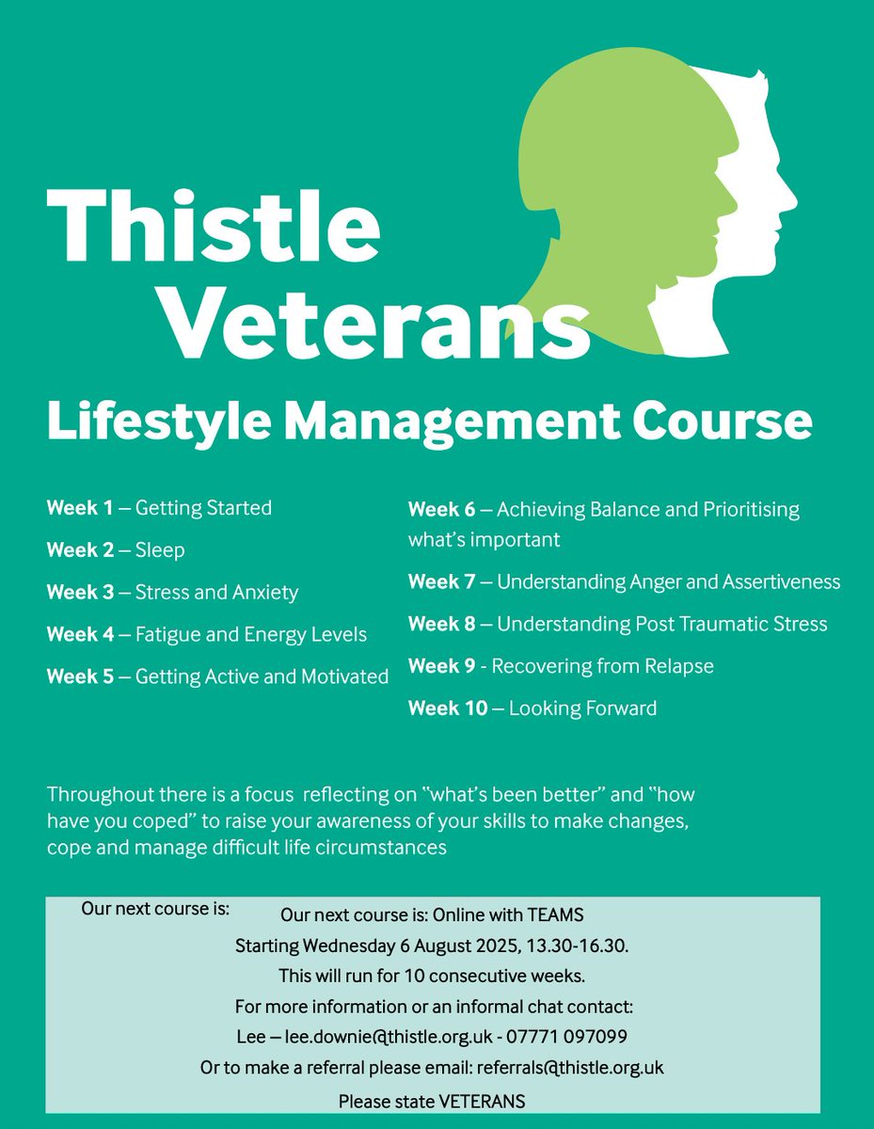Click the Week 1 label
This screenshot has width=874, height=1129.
[x=80, y=508]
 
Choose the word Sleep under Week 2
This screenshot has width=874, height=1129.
[x=160, y=550]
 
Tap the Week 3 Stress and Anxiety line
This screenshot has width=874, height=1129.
[x=172, y=593]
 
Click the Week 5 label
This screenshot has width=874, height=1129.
[x=80, y=676]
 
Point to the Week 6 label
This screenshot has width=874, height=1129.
[x=442, y=510]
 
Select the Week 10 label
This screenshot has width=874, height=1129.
[x=447, y=708]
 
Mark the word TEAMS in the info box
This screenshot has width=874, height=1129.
[x=556, y=914]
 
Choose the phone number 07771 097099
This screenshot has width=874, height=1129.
[x=577, y=1037]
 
